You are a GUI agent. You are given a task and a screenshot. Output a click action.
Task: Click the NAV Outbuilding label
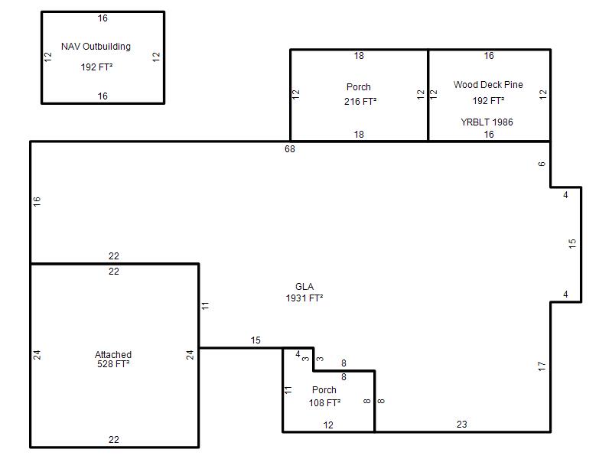click(x=96, y=47)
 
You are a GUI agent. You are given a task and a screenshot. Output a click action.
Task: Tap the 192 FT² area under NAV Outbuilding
click(x=96, y=67)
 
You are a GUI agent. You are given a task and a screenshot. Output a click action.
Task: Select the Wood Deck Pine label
click(x=488, y=85)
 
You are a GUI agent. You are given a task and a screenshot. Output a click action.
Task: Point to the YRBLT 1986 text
click(x=487, y=122)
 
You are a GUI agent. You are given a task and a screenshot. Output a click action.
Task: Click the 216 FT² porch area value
click(x=360, y=102)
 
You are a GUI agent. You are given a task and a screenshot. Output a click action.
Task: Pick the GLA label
click(x=304, y=287)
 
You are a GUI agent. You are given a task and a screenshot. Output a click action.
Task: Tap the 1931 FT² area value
click(x=304, y=298)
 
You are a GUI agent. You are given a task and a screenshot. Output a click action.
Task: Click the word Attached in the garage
click(x=113, y=354)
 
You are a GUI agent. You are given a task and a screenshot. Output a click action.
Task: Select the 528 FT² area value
click(x=113, y=364)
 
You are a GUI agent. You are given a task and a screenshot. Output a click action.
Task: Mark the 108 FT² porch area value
click(x=324, y=403)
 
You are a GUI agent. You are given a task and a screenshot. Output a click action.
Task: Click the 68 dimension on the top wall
click(x=290, y=149)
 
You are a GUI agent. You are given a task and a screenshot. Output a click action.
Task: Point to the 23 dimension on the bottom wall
click(x=462, y=425)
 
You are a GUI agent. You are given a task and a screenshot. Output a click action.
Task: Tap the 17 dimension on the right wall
click(x=542, y=366)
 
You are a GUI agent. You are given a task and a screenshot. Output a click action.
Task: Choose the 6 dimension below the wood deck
click(x=542, y=164)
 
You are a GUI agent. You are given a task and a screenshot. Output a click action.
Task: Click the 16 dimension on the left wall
click(x=37, y=201)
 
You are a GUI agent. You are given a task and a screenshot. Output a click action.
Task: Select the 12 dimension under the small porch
click(x=328, y=425)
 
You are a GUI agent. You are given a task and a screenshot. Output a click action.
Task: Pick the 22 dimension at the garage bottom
click(x=113, y=440)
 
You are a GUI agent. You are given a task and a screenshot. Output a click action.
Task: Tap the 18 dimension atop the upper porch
click(x=359, y=56)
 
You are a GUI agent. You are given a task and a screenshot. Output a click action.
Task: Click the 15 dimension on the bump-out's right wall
click(x=572, y=243)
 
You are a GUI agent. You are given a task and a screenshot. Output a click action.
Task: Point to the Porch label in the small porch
click(x=324, y=390)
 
